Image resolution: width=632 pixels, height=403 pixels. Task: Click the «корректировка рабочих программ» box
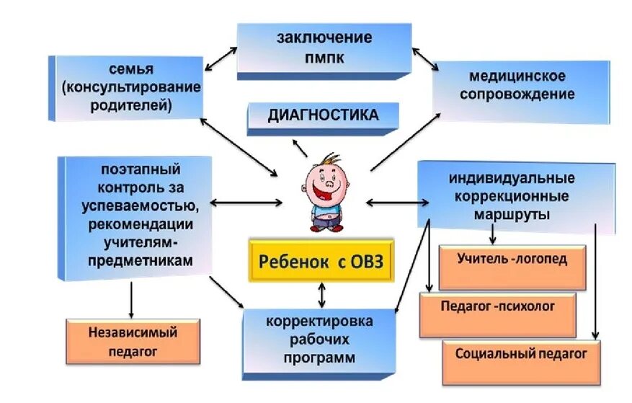click(x=319, y=339)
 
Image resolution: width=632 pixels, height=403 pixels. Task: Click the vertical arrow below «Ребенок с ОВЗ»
click(x=321, y=293)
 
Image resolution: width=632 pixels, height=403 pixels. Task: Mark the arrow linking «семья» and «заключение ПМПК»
click(x=221, y=59)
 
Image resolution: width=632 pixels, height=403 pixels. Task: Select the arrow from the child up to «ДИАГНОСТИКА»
click(x=299, y=148)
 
